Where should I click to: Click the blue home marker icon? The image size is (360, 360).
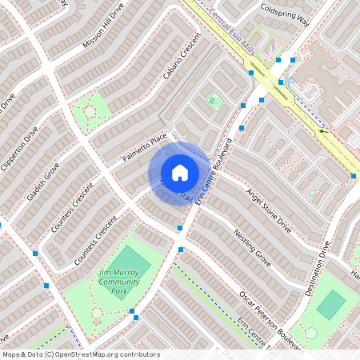click(180, 172)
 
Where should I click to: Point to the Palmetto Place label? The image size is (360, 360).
click(145, 149)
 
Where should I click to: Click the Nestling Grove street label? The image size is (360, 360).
click(253, 247)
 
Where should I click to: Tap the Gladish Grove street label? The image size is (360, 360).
click(41, 185)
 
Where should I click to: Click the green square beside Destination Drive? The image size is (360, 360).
click(330, 303)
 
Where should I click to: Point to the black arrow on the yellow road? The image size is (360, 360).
click(324, 130)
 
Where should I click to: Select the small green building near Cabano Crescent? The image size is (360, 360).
click(213, 101)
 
